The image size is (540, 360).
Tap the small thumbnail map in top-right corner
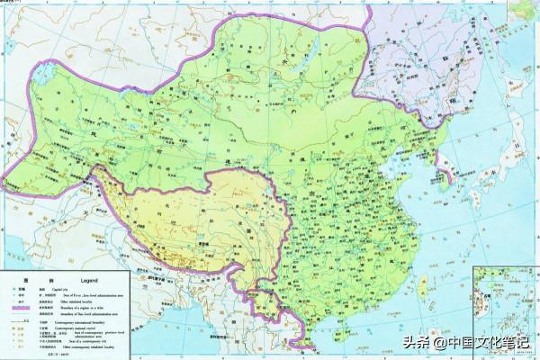pos(521,10)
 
